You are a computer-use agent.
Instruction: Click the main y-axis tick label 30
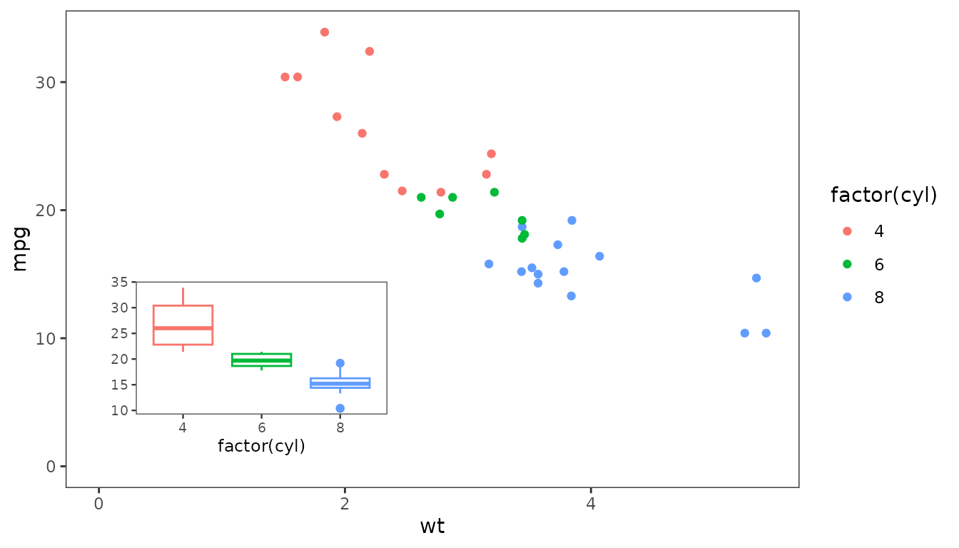tap(45, 83)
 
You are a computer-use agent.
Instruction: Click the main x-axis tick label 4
tap(591, 503)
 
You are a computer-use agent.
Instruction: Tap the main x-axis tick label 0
tap(98, 503)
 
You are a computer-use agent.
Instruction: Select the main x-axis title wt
tap(432, 527)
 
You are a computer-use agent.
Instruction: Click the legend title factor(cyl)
tap(883, 196)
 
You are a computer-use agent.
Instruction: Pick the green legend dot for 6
tap(848, 264)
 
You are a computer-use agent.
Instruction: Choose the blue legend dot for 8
tap(848, 298)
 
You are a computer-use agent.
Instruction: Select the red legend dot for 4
tap(848, 231)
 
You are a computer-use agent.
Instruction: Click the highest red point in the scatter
tap(325, 32)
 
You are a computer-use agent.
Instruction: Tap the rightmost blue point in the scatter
tap(766, 333)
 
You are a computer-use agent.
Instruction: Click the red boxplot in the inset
tap(183, 325)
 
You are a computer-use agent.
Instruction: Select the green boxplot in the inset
tap(262, 360)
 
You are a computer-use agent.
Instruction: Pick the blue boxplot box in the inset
tap(340, 383)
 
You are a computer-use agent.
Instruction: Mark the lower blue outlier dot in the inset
tap(340, 408)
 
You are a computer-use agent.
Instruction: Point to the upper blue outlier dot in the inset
tap(340, 363)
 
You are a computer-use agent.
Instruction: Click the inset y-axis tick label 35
tap(120, 283)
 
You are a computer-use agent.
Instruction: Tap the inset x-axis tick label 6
tap(262, 427)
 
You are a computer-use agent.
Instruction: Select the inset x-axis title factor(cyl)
tap(261, 447)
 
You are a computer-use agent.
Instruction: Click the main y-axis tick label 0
tap(51, 467)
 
